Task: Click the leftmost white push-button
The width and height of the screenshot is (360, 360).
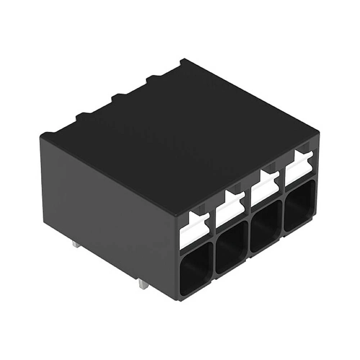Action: pyautogui.click(x=194, y=229)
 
